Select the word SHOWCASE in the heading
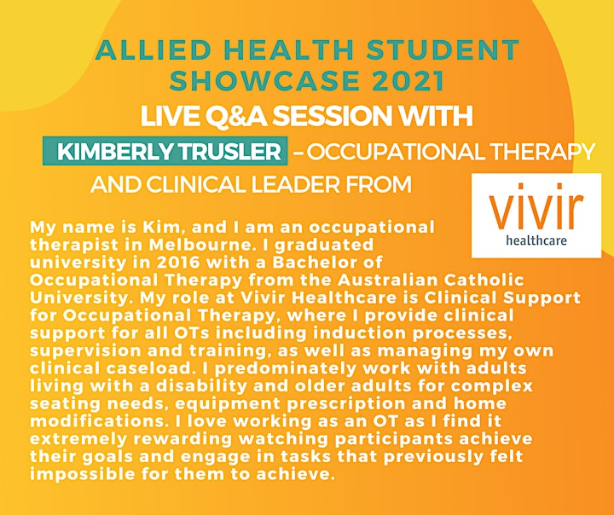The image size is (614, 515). [x=264, y=81]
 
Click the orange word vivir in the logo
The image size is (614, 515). [x=536, y=206]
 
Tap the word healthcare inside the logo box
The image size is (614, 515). [x=536, y=240]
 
